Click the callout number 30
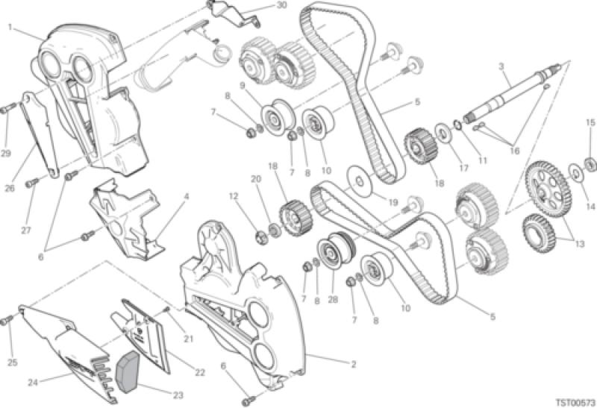point(281,5)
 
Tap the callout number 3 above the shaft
point(501,67)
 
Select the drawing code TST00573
point(575,402)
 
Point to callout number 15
point(590,122)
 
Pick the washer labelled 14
point(576,173)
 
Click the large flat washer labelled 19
point(360,181)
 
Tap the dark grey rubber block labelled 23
point(128,371)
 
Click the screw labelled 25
point(7,320)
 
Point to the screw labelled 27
point(33,183)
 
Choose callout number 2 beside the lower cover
point(353,365)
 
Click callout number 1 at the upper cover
point(10,27)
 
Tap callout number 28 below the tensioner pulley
point(333,300)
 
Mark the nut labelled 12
point(263,237)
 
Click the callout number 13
point(580,244)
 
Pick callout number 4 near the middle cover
point(186,197)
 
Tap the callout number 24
point(33,383)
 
